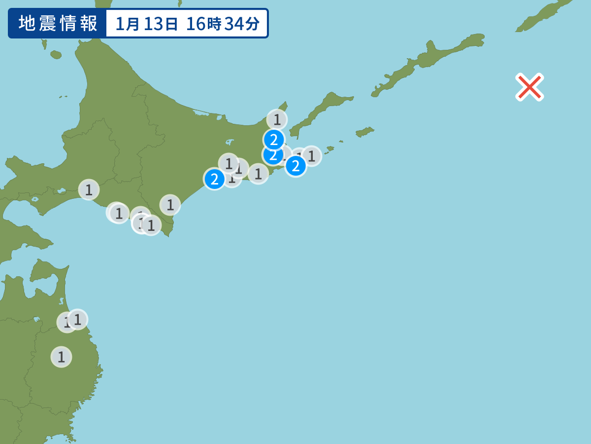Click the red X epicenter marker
pos(529,87)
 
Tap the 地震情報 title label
pos(58,23)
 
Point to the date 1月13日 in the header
pos(146,24)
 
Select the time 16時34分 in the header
pos(223,24)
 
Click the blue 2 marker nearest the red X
pos(295,166)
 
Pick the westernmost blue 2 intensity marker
pos(214,179)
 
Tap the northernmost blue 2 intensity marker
pos(274,139)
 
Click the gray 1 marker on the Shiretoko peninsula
pos(277,119)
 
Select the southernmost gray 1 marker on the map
pos(61,357)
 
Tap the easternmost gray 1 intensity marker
pos(311,156)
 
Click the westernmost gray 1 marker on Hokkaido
pos(89,189)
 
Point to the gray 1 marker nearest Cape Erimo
pos(170,205)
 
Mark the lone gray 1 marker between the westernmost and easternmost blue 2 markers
pos(258,174)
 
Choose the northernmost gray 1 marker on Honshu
pos(77,319)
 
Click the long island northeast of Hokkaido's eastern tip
pos(320,111)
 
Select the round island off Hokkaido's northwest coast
pos(56,54)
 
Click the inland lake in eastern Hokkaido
pos(230,142)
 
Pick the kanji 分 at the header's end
pos(253,24)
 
